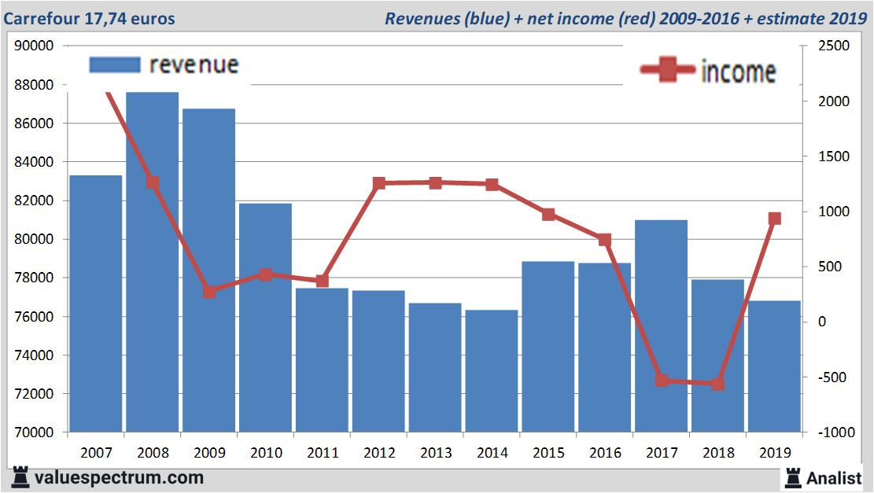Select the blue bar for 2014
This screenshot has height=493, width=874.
(x=491, y=370)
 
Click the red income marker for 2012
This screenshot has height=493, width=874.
(x=379, y=183)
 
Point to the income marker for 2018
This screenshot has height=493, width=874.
(x=717, y=384)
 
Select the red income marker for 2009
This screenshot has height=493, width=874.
(x=209, y=292)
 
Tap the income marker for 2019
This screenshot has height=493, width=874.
(x=774, y=219)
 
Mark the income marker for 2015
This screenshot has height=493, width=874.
(x=548, y=214)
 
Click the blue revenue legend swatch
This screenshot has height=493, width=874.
(x=115, y=64)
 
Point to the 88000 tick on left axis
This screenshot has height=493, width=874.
(x=34, y=85)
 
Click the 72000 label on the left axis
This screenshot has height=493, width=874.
(x=34, y=394)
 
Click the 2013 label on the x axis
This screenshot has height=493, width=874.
(x=435, y=453)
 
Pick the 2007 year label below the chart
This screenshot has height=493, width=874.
(x=96, y=453)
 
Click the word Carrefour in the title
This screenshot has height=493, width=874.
(x=39, y=18)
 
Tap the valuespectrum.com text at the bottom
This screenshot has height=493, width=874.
(x=119, y=477)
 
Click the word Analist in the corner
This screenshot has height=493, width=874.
(x=833, y=477)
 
